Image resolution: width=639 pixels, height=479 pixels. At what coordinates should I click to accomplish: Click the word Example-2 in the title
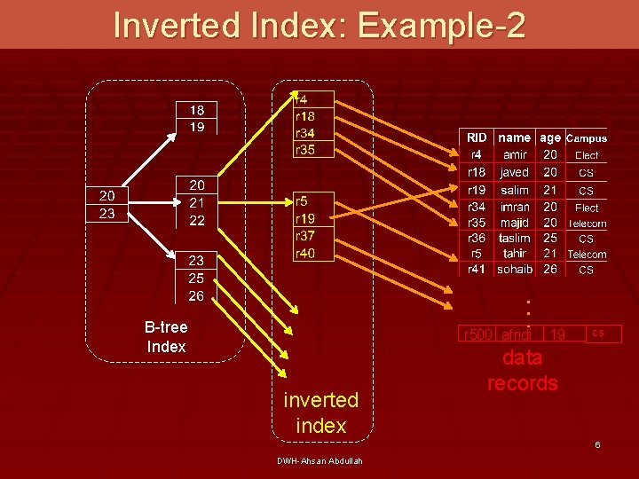point(442,25)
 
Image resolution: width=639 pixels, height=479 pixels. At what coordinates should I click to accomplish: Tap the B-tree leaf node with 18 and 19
point(197,118)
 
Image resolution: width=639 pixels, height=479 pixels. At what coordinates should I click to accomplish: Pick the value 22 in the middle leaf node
point(197,220)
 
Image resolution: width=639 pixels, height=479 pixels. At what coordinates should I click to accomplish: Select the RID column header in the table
point(477,137)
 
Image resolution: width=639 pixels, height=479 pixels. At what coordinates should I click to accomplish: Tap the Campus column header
point(587,138)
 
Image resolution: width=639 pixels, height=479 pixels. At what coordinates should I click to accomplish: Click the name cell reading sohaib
point(515,269)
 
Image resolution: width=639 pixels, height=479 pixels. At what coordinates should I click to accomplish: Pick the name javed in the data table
point(515,172)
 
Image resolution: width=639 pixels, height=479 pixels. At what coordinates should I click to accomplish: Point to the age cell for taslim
point(550,238)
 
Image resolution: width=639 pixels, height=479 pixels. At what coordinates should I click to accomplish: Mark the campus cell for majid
point(587,224)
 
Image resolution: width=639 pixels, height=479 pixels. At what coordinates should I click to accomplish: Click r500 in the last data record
point(477,334)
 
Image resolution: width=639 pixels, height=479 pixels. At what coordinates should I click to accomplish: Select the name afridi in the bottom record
point(517,334)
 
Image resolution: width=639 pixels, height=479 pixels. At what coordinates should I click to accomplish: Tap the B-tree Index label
point(166,336)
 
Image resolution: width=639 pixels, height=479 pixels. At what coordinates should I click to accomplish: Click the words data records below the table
point(523,371)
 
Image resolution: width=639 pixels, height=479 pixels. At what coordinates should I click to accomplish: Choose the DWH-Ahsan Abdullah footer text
point(319,460)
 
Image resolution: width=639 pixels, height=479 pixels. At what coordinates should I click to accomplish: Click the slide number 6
point(597,444)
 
